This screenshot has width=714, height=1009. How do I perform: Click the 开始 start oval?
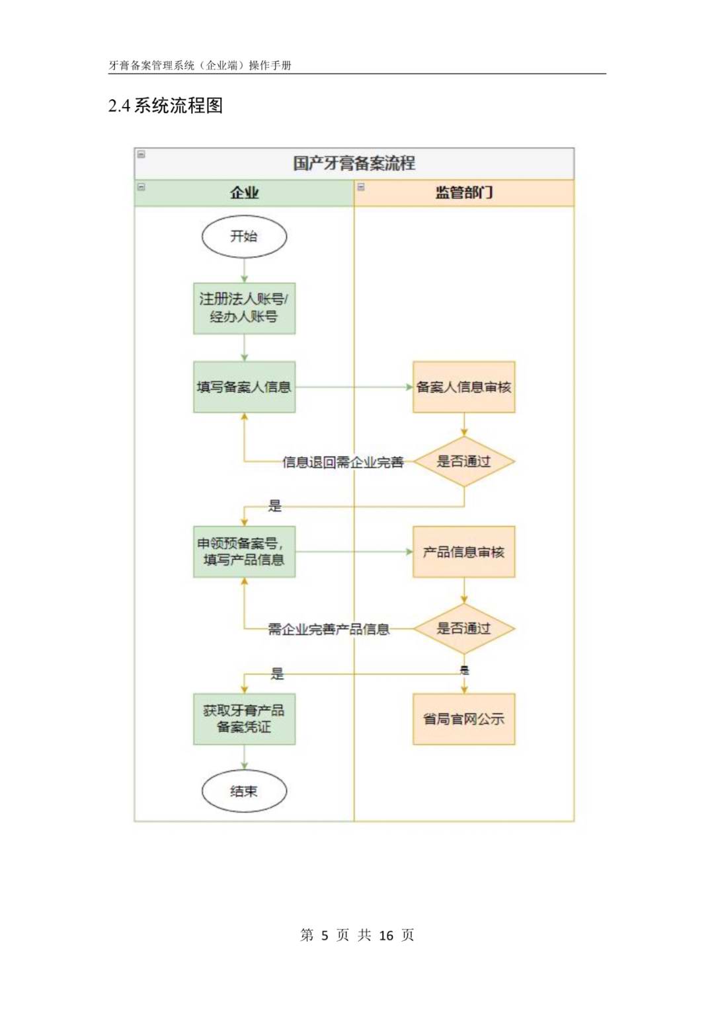pos(244,237)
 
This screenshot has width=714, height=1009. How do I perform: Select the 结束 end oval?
pos(244,791)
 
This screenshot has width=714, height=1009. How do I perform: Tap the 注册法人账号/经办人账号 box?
pos(244,308)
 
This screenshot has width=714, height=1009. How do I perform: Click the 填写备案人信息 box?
pos(244,387)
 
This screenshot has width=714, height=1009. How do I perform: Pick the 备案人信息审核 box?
pos(463,387)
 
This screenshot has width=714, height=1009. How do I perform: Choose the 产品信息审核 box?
pos(463,552)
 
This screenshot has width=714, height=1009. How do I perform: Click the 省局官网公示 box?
pos(463,719)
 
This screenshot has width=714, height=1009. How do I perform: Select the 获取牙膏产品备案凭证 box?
pos(244,719)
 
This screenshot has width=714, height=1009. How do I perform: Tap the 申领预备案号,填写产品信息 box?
pos(244,552)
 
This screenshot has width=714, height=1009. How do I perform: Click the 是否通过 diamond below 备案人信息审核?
pos(463,461)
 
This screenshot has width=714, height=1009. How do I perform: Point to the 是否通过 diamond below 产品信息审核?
pos(463,628)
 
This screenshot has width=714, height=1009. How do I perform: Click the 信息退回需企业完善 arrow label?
pos(342,462)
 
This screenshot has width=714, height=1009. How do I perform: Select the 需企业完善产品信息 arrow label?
pos(329,629)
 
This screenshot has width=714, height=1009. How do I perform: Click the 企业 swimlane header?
pos(244,192)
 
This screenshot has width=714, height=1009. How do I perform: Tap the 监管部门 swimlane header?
pos(463,192)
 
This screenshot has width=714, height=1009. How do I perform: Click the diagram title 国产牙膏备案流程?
pos(354,163)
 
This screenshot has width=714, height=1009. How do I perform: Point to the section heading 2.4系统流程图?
pos(165,106)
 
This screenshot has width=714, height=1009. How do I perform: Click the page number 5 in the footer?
pos(325,935)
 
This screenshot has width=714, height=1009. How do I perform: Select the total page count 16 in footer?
pos(386,935)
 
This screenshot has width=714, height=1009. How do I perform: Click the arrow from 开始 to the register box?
pos(244,270)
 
